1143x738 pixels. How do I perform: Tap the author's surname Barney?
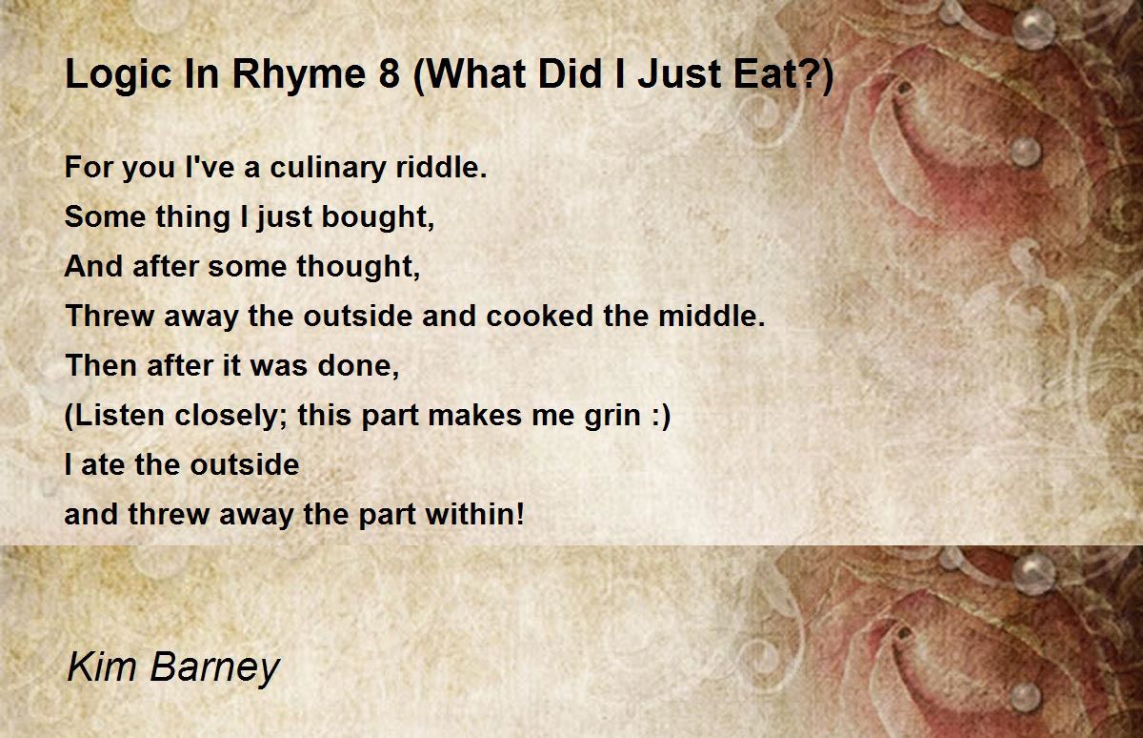pos(212,666)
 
